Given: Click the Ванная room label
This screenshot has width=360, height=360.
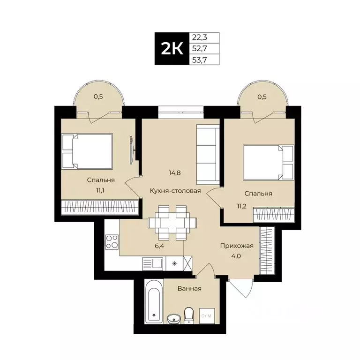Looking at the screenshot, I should [189, 288].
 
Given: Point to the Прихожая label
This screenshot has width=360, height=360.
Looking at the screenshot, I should [237, 246].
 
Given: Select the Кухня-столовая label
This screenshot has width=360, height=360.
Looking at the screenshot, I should [175, 191].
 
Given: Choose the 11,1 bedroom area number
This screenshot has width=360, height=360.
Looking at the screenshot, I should [101, 191].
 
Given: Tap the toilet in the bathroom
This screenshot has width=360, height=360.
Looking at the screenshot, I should [189, 315].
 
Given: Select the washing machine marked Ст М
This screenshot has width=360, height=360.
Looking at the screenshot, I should [206, 315].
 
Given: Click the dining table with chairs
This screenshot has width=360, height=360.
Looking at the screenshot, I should [169, 221].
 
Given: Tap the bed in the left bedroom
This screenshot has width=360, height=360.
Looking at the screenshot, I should [88, 151].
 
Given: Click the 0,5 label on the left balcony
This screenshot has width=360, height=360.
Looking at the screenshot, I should [98, 97].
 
